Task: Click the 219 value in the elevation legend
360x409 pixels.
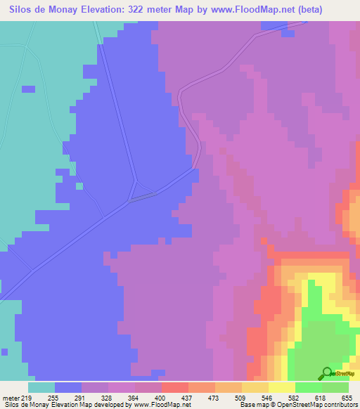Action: (x=29, y=398)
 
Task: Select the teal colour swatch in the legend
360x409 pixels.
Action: (x=41, y=387)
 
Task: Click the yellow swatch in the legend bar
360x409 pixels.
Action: (x=282, y=387)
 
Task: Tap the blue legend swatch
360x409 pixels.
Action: (x=68, y=387)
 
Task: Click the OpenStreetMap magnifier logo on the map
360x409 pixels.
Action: (x=327, y=372)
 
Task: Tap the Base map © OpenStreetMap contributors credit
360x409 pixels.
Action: (x=298, y=405)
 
